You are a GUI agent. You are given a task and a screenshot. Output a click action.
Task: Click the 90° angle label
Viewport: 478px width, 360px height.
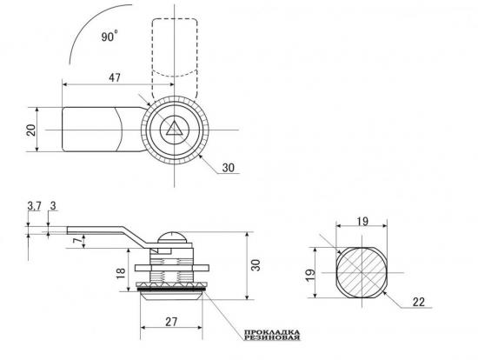(x=110, y=36)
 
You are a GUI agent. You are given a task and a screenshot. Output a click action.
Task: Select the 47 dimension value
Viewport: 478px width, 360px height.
(x=115, y=77)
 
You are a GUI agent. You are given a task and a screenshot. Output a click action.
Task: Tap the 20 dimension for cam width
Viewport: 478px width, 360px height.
(x=31, y=130)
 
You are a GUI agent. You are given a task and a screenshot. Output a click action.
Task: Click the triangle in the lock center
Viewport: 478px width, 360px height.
(x=175, y=129)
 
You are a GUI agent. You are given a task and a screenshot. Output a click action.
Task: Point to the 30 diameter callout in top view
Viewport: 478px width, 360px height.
(x=229, y=168)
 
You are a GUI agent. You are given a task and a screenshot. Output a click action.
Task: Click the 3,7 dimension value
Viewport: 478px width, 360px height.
(x=34, y=206)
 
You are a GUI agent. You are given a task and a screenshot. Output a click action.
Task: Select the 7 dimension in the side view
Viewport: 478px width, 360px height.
(x=78, y=241)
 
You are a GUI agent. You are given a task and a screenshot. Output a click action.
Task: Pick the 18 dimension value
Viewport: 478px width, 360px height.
(x=121, y=273)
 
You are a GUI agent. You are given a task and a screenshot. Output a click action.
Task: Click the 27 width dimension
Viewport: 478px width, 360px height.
(x=171, y=322)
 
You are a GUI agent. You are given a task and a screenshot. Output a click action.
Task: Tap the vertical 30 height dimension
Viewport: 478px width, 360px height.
(x=256, y=265)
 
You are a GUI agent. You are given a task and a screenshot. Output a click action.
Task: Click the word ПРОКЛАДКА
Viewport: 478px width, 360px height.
(x=272, y=332)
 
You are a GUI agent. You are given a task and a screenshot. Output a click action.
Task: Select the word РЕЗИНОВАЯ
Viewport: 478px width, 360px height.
(x=272, y=337)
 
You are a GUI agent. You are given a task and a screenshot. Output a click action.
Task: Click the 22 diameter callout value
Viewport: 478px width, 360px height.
(x=419, y=302)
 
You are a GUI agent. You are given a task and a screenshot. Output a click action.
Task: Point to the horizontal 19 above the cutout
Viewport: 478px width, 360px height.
(x=362, y=221)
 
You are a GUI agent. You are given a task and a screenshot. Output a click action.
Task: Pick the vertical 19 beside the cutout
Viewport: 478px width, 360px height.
(x=310, y=276)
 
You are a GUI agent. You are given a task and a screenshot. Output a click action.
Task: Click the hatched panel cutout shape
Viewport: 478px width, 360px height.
(x=362, y=272)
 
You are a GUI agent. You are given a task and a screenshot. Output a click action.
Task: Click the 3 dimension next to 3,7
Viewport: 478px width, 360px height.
(x=53, y=206)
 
